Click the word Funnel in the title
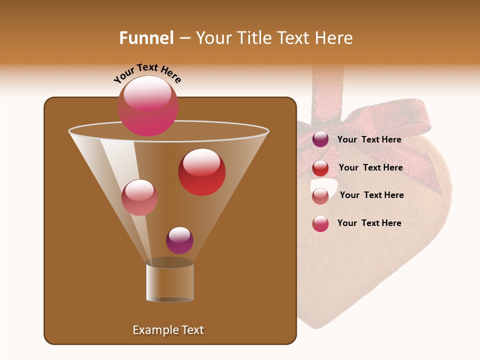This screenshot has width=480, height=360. coord(146,38)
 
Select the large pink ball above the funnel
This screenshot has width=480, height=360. coord(147,105)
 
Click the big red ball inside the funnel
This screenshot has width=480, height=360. coord(201,172)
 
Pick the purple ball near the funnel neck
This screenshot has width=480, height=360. coord(179,240)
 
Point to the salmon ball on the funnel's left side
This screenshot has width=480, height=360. coord(139,197)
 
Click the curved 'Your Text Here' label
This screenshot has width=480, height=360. coord(147,73)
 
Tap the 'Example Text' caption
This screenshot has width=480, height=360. coord(168,330)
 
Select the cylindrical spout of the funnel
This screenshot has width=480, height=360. coord(170,282)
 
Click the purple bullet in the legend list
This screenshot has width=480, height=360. coord(320,139)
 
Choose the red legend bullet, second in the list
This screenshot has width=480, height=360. coord(320,168)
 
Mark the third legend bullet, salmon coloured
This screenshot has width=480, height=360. coord(320,196)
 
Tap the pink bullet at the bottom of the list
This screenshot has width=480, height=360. coord(320,223)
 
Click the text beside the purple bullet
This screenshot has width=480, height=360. coord(369,139)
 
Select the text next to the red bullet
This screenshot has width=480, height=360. coord(370,167)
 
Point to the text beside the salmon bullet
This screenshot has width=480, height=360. coord(371,195)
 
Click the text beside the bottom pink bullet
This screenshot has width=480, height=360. coord(369,223)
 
